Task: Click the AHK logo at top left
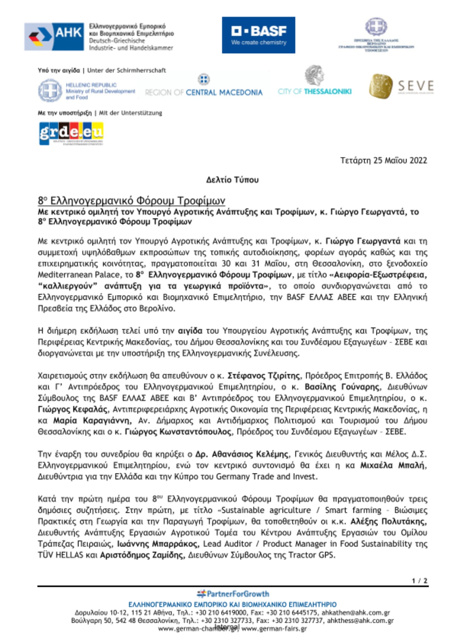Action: click(x=54, y=37)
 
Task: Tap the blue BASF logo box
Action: click(x=258, y=35)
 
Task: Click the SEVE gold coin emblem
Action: click(x=381, y=86)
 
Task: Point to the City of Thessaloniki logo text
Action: click(x=315, y=91)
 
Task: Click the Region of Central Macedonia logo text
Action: click(x=204, y=92)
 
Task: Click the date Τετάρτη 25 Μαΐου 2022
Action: click(x=383, y=160)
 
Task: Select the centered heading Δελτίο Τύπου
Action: click(x=232, y=180)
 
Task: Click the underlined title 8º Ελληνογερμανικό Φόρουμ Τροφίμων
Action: click(x=132, y=201)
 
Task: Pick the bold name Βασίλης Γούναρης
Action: click(x=342, y=387)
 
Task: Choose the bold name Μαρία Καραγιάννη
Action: click(x=92, y=421)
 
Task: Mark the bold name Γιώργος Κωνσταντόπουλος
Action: click(x=178, y=432)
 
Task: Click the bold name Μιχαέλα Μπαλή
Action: click(x=393, y=465)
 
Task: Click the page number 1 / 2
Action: click(x=420, y=581)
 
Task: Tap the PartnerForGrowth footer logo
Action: click(x=233, y=594)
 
